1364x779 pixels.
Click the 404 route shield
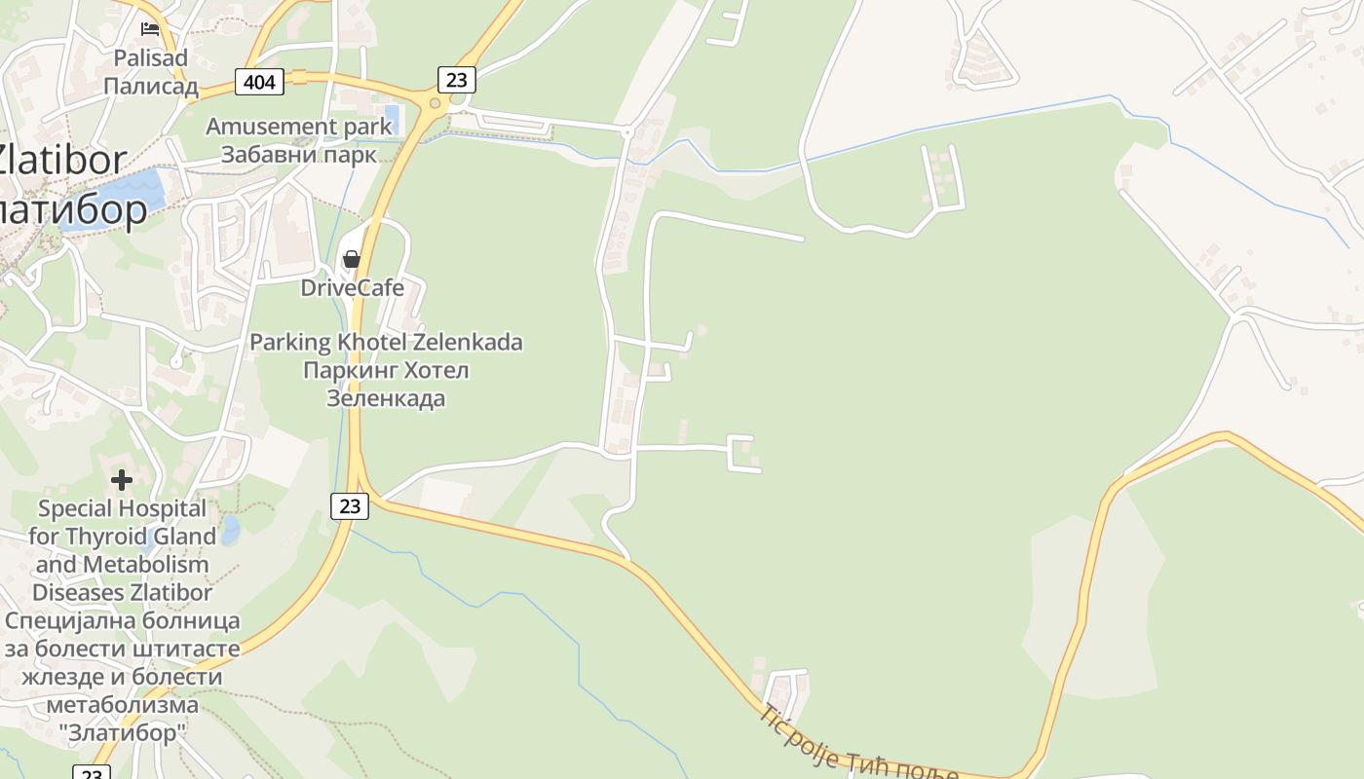click(x=259, y=82)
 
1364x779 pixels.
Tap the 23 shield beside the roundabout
click(x=456, y=79)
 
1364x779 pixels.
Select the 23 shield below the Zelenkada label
click(x=350, y=505)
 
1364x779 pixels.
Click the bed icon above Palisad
click(x=150, y=28)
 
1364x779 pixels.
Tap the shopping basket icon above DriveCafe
click(x=352, y=259)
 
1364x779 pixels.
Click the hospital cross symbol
click(x=122, y=479)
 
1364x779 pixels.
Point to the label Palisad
click(x=150, y=57)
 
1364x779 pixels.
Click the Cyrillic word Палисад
click(x=150, y=86)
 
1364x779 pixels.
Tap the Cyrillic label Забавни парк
click(x=298, y=155)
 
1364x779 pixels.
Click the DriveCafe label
click(x=352, y=287)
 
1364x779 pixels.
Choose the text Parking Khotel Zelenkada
click(x=386, y=342)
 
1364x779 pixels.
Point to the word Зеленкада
click(x=386, y=398)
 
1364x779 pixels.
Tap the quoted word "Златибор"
click(x=122, y=732)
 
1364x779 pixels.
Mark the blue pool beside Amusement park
click(x=392, y=119)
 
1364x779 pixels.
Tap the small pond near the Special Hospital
click(x=230, y=530)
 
